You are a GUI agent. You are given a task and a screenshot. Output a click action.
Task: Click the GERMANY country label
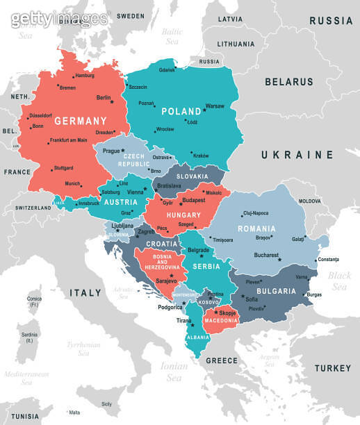[81, 119]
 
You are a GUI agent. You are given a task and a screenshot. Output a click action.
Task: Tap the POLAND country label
[181, 111]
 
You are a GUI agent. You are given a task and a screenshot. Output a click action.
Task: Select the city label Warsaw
[215, 106]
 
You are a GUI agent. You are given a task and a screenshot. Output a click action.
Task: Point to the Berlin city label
[104, 98]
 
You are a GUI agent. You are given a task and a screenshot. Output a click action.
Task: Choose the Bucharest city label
[266, 255]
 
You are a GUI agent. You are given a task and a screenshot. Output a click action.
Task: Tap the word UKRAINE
[297, 154]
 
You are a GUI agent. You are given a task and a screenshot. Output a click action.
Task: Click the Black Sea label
[341, 281]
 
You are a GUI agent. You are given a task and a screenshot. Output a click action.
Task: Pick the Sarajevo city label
[167, 281]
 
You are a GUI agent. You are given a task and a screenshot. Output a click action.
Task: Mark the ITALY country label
[85, 294]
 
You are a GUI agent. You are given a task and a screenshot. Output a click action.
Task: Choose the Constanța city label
[328, 260]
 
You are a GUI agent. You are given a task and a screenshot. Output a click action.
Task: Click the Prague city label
[111, 150]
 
